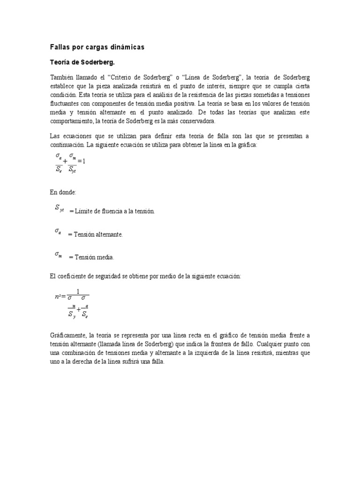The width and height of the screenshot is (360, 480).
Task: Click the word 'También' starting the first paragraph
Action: coord(62,77)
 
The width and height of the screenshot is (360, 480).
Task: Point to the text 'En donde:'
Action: coord(62,192)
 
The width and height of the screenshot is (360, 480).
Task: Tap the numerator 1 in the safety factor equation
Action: coord(78,291)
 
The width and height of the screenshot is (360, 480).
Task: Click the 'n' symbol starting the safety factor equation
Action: coord(57,297)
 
